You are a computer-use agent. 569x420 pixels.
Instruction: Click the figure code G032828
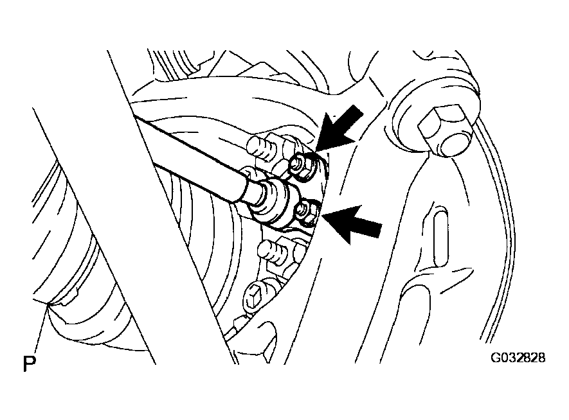tap(518, 358)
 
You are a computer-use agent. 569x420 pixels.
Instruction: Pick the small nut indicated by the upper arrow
tap(302, 166)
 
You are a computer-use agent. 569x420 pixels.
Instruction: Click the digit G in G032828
tap(496, 358)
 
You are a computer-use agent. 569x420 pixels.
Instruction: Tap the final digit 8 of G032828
tap(541, 358)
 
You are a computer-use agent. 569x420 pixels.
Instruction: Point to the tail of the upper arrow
tap(357, 111)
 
